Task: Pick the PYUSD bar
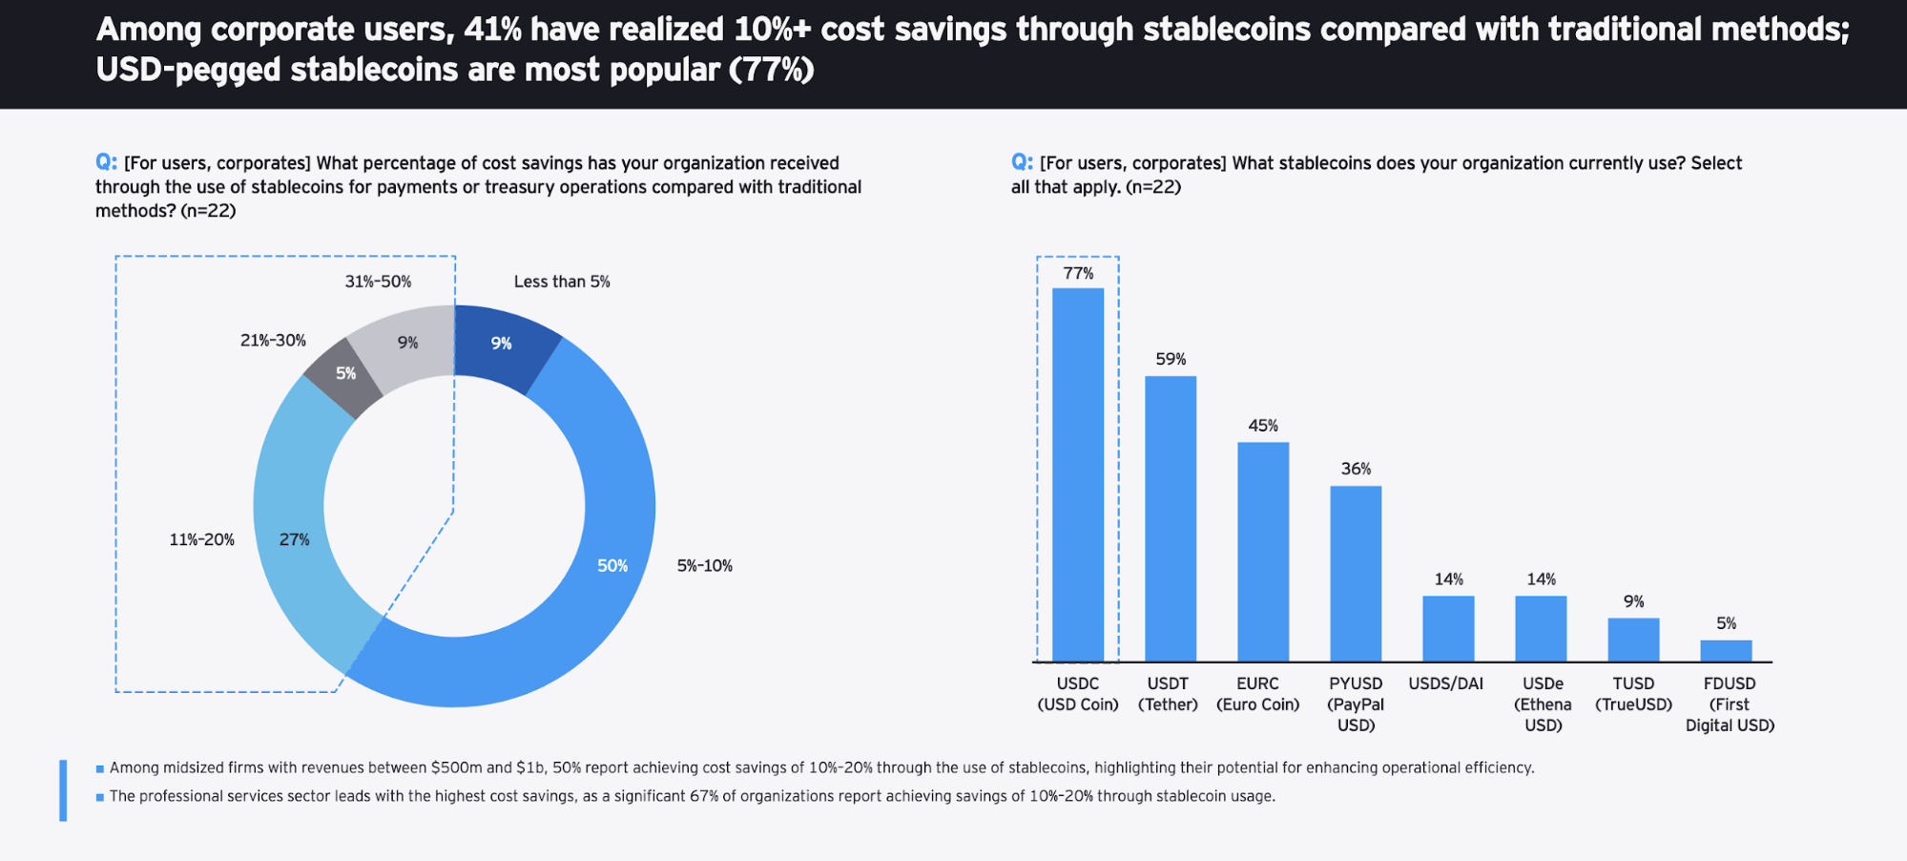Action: [1356, 574]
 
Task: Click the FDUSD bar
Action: [1726, 651]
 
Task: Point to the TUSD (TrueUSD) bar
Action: [1633, 640]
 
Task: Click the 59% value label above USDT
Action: [1171, 359]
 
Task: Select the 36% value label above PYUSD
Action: [1356, 469]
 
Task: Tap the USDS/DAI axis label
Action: [1445, 683]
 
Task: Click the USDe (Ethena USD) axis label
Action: [1543, 704]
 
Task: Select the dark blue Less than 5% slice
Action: [503, 346]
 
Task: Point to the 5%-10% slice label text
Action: [704, 566]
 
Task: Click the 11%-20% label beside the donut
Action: [201, 540]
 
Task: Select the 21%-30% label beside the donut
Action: [273, 341]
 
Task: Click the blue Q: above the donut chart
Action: [106, 162]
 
